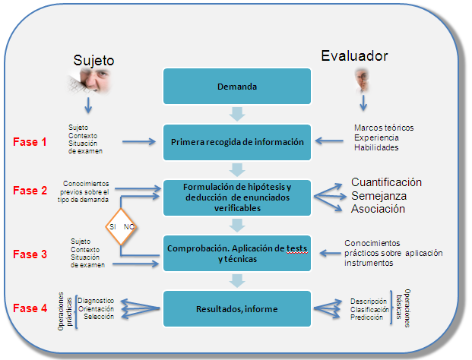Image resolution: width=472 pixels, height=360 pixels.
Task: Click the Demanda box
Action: (x=237, y=87)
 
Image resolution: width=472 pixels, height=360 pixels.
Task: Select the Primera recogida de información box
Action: (x=237, y=141)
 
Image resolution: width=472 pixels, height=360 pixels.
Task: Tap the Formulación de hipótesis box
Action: (x=237, y=194)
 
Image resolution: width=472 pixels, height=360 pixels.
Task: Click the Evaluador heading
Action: (x=354, y=56)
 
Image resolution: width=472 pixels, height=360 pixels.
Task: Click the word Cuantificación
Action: (x=386, y=182)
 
